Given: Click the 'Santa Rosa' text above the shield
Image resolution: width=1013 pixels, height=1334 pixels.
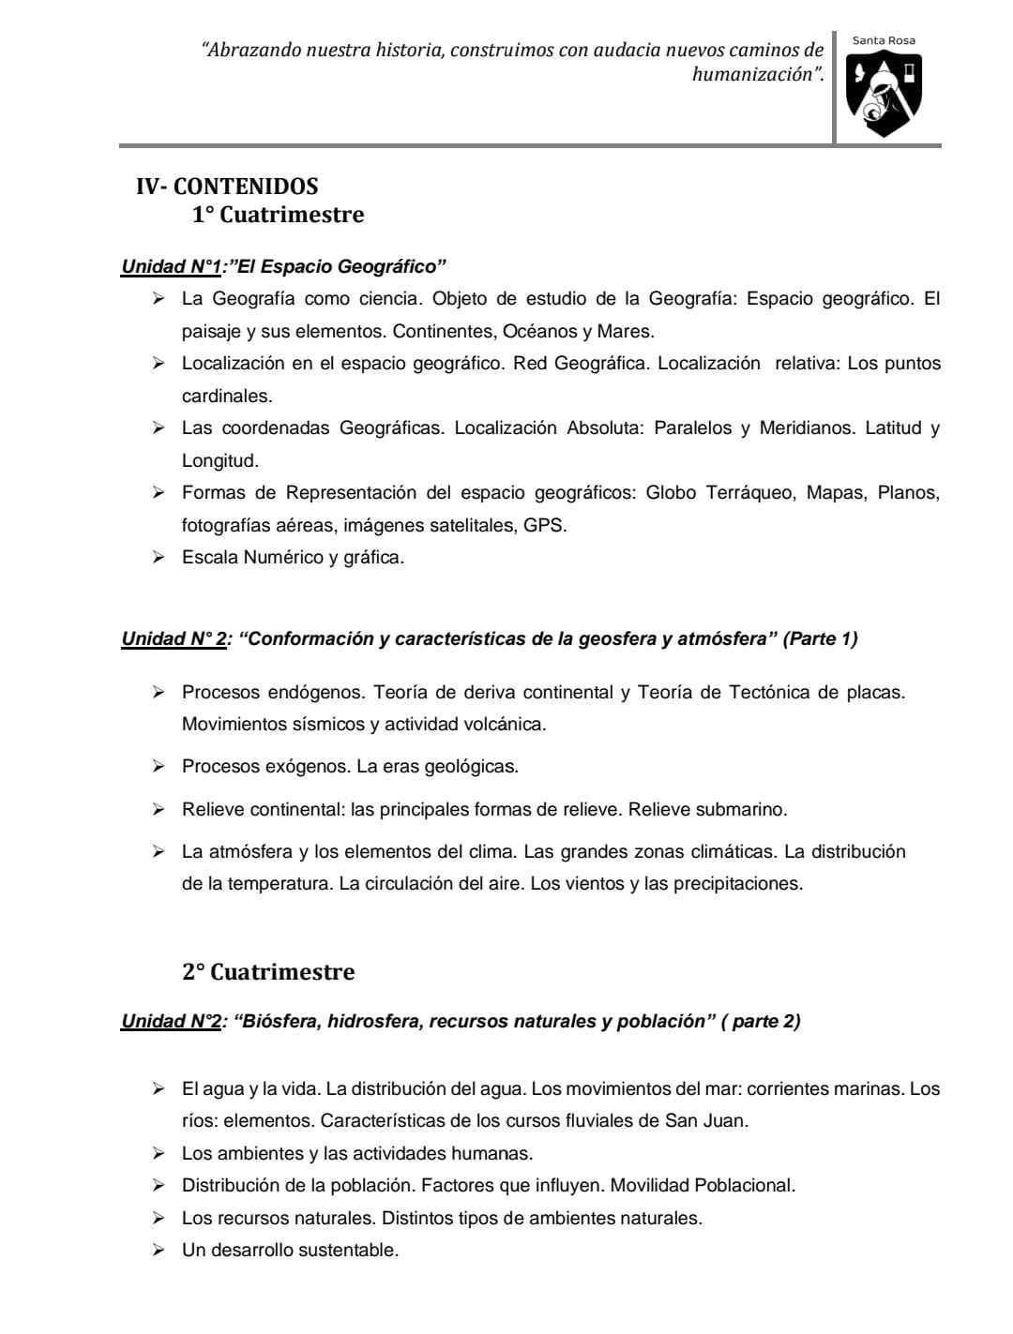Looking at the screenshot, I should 884,40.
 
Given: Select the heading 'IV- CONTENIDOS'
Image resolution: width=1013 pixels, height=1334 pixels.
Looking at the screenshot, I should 227,187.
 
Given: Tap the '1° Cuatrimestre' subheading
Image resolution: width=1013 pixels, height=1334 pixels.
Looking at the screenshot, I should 278,215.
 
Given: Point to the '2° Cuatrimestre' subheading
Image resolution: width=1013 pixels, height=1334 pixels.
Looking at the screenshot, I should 268,972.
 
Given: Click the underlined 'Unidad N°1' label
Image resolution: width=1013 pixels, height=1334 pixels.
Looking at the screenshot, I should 171,267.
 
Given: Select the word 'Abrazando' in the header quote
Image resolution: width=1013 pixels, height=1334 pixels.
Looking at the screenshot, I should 249,50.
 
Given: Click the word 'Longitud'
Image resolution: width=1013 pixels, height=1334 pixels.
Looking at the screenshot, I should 219,461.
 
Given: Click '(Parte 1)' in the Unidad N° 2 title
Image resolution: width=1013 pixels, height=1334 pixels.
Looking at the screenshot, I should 820,639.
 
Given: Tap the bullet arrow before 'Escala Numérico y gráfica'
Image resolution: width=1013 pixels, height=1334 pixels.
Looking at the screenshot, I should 159,558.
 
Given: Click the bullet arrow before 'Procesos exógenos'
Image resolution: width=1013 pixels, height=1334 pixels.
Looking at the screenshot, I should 159,767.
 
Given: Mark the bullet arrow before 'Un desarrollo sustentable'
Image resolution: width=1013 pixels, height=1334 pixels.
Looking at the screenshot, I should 159,1251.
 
